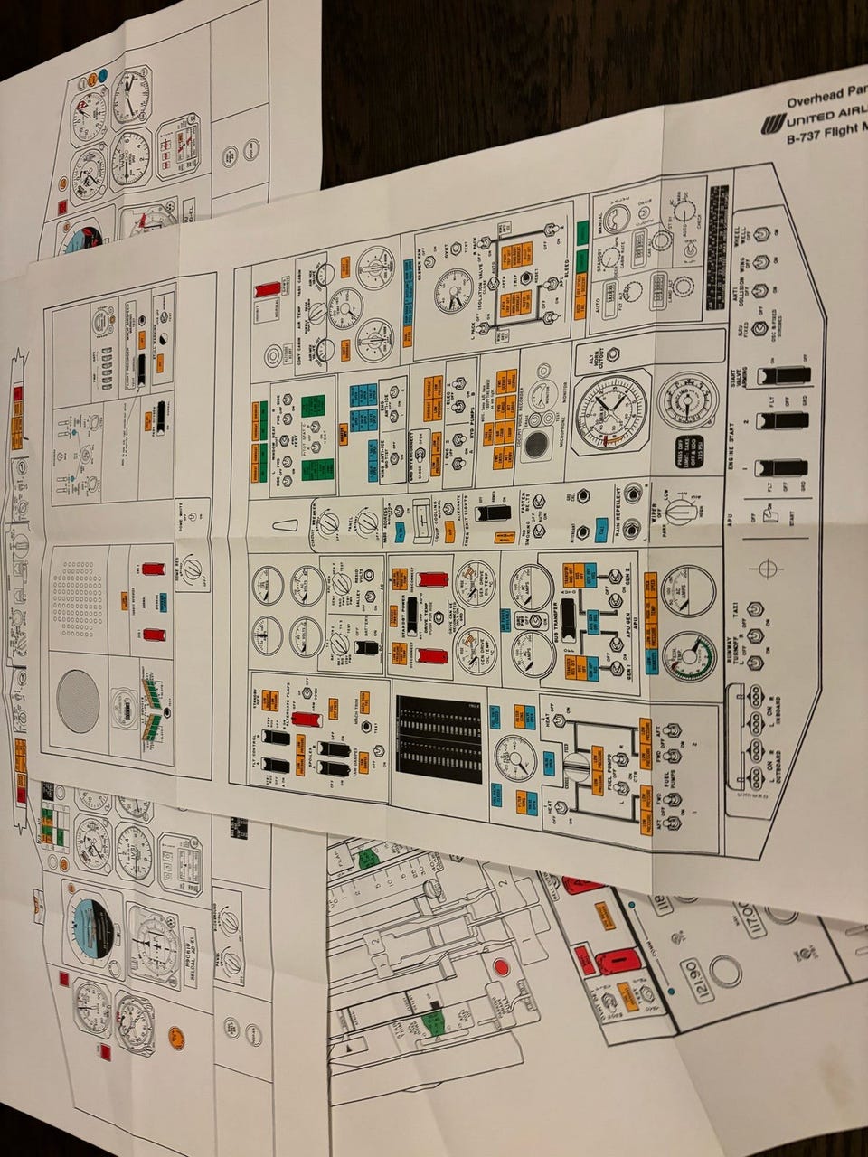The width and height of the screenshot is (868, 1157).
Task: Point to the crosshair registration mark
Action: pos(769,568)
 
